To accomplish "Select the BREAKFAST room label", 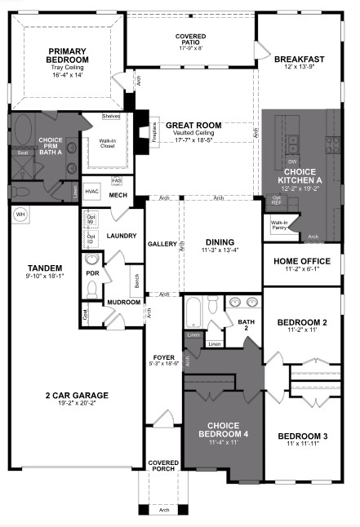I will click(x=299, y=60).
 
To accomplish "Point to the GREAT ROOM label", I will click(x=193, y=126).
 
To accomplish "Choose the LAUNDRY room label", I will click(x=121, y=236).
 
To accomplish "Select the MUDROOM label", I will click(x=123, y=303).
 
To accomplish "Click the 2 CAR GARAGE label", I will click(x=77, y=396).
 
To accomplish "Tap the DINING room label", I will click(x=220, y=241).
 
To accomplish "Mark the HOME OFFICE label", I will click(x=300, y=260).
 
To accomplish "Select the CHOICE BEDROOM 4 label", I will click(x=222, y=430).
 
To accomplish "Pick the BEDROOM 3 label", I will click(x=302, y=436).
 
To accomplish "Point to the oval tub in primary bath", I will click(x=23, y=131).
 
